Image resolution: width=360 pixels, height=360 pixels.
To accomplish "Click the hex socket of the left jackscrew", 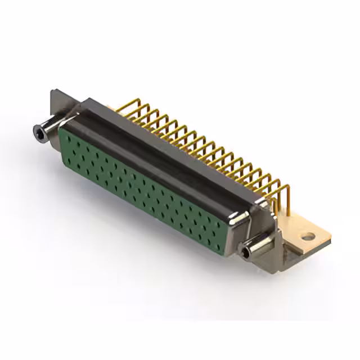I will click(x=38, y=132).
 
